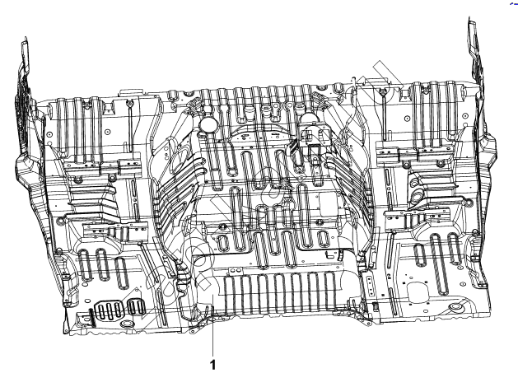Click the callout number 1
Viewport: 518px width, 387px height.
click(213, 365)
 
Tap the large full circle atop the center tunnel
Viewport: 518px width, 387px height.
click(208, 124)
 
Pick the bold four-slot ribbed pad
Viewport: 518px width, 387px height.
click(110, 310)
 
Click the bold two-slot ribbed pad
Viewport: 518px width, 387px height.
click(136, 306)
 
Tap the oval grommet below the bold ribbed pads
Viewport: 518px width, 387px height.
click(126, 323)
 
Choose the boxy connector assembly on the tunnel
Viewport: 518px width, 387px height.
click(313, 138)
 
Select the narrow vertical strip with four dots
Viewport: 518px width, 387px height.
click(370, 284)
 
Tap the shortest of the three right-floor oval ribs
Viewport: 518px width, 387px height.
click(420, 254)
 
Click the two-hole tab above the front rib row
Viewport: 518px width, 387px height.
click(235, 270)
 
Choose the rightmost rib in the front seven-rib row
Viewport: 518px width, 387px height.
click(329, 291)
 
